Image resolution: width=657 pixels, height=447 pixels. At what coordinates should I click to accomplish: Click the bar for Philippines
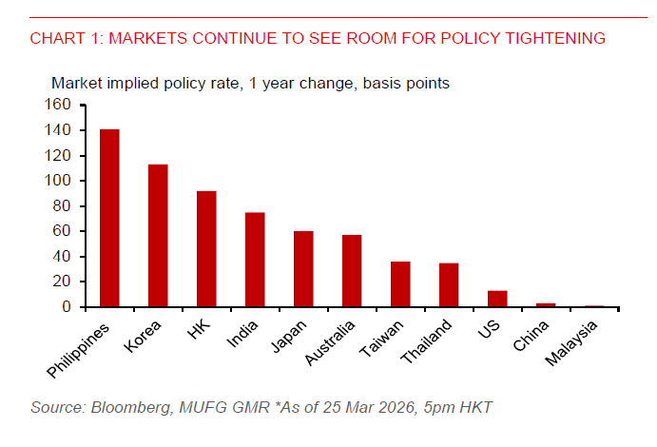pyautogui.click(x=109, y=218)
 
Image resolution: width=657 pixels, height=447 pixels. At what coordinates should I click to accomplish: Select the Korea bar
pyautogui.click(x=158, y=236)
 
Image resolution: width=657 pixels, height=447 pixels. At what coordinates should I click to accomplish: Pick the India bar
pyautogui.click(x=255, y=260)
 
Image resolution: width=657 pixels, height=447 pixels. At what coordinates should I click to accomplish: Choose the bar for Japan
pyautogui.click(x=303, y=269)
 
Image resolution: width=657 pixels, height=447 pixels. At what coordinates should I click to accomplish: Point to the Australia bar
pyautogui.click(x=352, y=271)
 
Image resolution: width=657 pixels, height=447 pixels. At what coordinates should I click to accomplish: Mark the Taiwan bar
pyautogui.click(x=400, y=284)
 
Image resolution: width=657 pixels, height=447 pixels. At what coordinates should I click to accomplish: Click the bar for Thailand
pyautogui.click(x=449, y=285)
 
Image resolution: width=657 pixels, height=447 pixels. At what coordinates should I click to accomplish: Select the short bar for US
pyautogui.click(x=497, y=299)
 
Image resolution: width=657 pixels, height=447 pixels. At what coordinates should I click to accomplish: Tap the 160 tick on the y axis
pyautogui.click(x=59, y=105)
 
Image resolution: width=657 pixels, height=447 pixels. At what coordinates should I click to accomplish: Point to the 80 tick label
pyautogui.click(x=63, y=206)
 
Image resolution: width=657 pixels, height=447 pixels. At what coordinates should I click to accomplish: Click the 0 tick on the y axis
pyautogui.click(x=67, y=307)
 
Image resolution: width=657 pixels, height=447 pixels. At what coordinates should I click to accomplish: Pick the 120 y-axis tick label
pyautogui.click(x=59, y=155)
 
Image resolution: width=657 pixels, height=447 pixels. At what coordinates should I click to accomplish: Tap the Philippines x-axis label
pyautogui.click(x=85, y=348)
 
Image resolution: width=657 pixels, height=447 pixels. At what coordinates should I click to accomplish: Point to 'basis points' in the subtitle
pyautogui.click(x=406, y=83)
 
